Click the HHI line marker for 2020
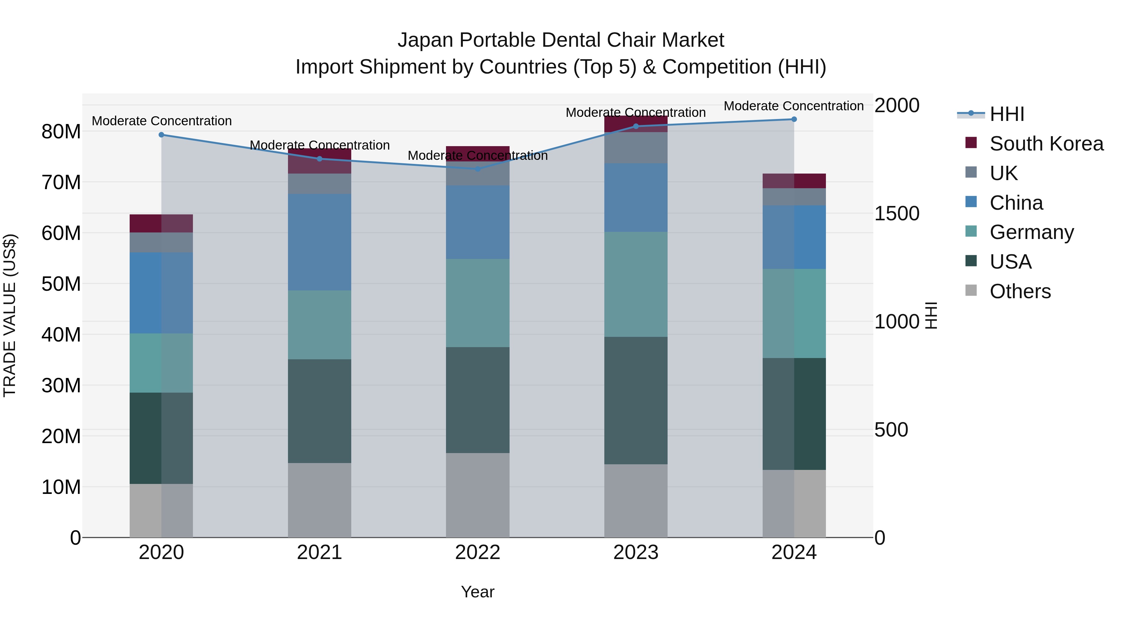(x=161, y=135)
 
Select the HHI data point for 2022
(x=477, y=169)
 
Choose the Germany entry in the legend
(x=1031, y=232)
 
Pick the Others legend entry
(x=1020, y=291)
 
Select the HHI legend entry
(x=1007, y=114)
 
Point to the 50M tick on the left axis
(x=61, y=284)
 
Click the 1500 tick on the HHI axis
(x=896, y=213)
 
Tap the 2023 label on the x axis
(x=635, y=552)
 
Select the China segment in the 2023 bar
(x=635, y=197)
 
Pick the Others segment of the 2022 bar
(x=477, y=495)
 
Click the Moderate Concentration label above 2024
(x=794, y=106)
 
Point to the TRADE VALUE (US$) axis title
(x=10, y=315)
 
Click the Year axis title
(x=477, y=592)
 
